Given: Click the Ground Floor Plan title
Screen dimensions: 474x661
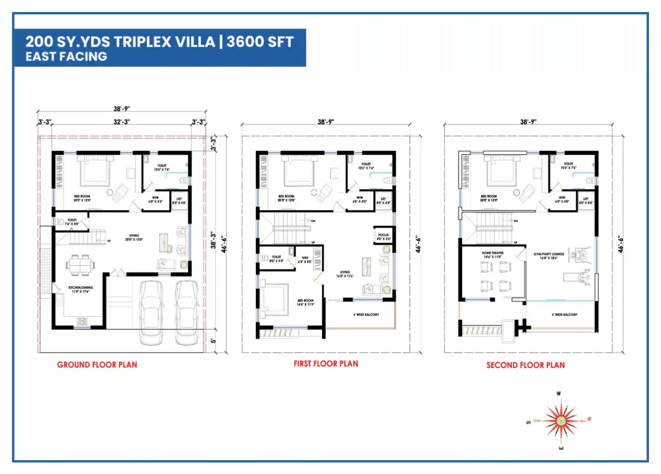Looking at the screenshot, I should tap(97, 365).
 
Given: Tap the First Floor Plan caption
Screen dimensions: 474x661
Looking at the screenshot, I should tap(326, 363).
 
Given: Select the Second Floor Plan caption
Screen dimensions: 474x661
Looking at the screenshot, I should tap(525, 365).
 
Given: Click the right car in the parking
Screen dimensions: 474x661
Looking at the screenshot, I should tap(186, 312).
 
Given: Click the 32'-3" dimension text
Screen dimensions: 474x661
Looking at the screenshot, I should tap(121, 122).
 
